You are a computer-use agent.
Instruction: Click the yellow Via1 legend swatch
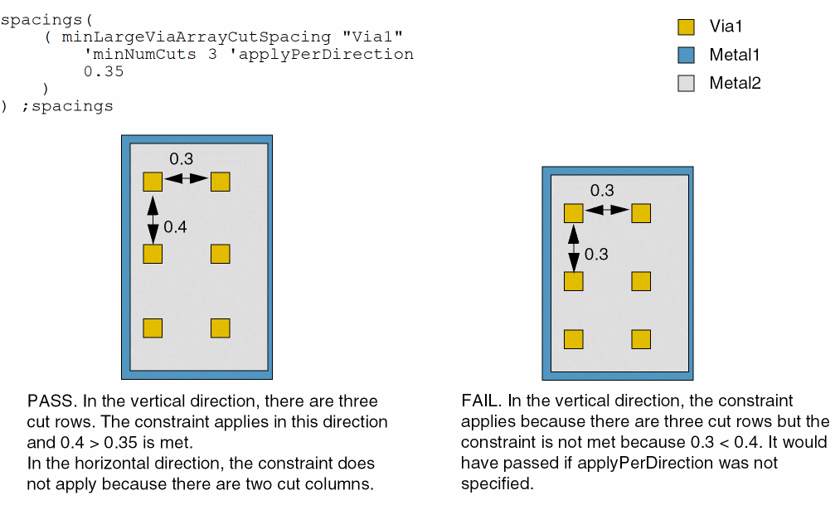686,27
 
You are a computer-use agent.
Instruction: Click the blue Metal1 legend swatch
686,56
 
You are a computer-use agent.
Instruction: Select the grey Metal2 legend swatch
686,83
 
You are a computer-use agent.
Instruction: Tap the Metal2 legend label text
735,83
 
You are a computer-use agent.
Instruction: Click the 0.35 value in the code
104,71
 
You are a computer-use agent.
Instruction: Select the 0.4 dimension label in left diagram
175,227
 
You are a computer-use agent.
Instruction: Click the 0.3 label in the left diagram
182,158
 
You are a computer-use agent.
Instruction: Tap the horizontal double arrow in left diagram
186,179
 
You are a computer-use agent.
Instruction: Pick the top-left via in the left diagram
153,182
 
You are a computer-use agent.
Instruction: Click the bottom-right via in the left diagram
220,328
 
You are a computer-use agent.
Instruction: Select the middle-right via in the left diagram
220,253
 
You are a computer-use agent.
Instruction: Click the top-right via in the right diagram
640,213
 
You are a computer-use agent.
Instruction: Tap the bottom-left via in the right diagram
574,339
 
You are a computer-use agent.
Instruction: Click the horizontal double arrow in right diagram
607,211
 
